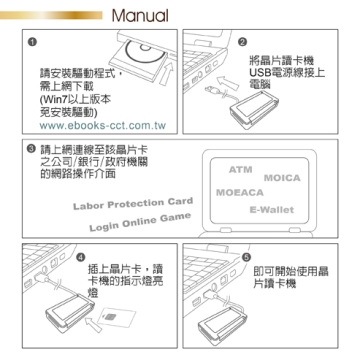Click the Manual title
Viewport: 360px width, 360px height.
tap(140, 15)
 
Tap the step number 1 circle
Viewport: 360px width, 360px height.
tap(32, 42)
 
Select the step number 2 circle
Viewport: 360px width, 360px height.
tap(243, 42)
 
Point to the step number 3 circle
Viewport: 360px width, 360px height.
tap(31, 149)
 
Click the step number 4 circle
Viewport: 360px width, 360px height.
tap(80, 257)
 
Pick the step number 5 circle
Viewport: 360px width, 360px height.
tap(246, 257)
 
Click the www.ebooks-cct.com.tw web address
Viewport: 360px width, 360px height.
tap(103, 126)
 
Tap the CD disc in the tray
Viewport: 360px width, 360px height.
tap(145, 52)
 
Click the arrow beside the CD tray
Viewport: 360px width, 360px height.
tap(167, 74)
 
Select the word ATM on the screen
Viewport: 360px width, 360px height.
tap(240, 170)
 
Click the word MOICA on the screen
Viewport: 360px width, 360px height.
tap(282, 178)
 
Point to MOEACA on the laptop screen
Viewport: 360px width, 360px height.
tap(240, 193)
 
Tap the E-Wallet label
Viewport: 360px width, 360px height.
tap(272, 210)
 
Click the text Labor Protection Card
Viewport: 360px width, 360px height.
tap(133, 203)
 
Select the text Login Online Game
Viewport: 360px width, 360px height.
tap(140, 222)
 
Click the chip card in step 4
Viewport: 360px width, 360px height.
tap(117, 316)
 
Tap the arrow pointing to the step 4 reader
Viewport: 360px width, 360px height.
tap(93, 324)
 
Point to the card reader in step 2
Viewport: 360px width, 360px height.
tap(254, 109)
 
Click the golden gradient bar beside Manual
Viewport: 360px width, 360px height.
tap(51, 15)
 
